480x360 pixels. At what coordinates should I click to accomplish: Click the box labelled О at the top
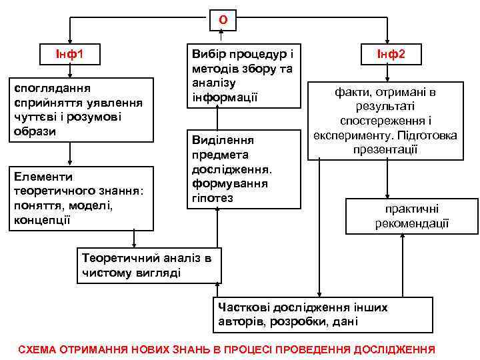coord(223,20)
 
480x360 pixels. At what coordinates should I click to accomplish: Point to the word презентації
coord(385,149)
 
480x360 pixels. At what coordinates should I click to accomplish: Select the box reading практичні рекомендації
coord(411,216)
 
